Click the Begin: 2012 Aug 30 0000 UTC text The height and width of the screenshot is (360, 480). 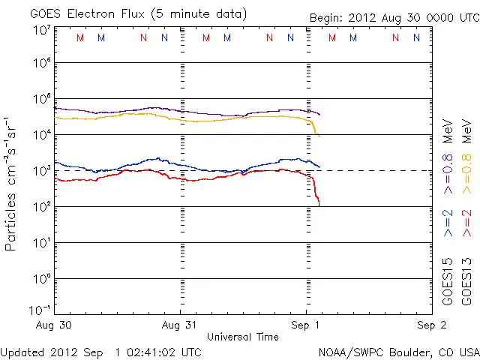pyautogui.click(x=394, y=18)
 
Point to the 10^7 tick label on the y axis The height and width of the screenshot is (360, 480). pyautogui.click(x=41, y=29)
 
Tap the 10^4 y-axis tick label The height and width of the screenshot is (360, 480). pyautogui.click(x=41, y=135)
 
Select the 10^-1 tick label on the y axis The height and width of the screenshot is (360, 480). pyautogui.click(x=41, y=310)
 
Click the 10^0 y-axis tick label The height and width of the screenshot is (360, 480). pyautogui.click(x=41, y=279)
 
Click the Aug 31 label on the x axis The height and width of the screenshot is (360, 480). pyautogui.click(x=181, y=325)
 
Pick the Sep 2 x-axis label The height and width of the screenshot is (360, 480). pyautogui.click(x=432, y=325)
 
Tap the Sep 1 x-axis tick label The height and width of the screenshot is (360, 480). pyautogui.click(x=306, y=325)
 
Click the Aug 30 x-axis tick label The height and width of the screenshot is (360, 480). pyautogui.click(x=55, y=325)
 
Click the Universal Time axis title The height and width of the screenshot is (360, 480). pyautogui.click(x=243, y=337)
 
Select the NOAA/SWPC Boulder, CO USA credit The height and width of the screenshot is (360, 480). pyautogui.click(x=397, y=351)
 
